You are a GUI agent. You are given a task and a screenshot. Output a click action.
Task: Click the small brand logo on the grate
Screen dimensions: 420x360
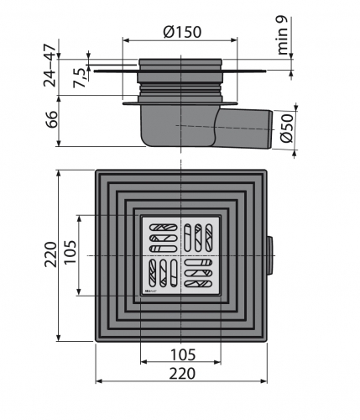coord(152,290)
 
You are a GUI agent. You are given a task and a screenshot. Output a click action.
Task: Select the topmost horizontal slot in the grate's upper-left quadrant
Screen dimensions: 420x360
coord(161,226)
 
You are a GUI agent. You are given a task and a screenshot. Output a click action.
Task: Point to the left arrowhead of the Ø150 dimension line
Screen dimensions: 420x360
coord(127,39)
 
